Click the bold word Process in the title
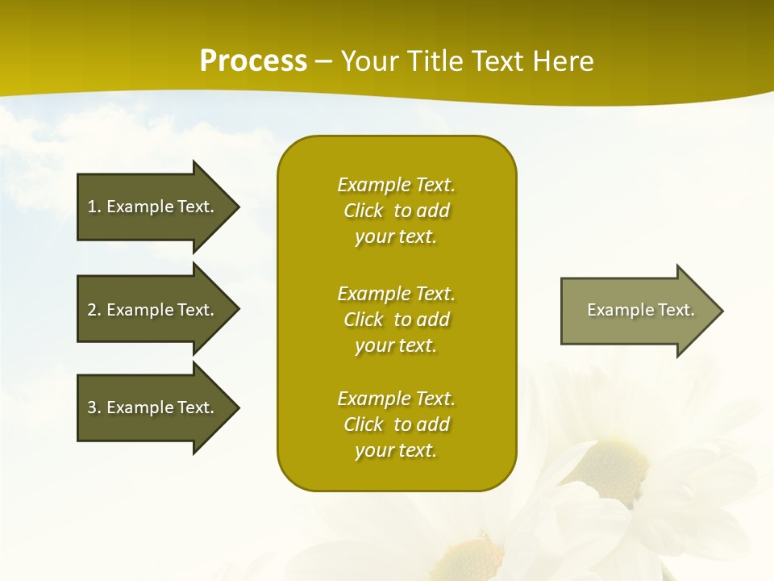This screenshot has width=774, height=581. pos(253,61)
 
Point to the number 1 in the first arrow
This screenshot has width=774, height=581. pos(92,207)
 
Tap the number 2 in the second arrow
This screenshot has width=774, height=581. pos(92,310)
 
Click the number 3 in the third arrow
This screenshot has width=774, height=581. pos(92,408)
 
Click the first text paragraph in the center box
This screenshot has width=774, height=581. pos(396,211)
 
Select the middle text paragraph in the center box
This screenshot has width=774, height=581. pos(396,320)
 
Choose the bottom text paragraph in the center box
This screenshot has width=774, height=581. pos(396,424)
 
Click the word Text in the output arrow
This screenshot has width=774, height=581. pos(677,310)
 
